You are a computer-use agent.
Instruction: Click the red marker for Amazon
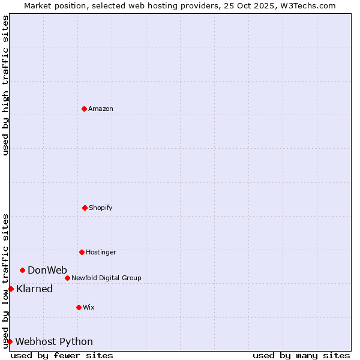coord(84,109)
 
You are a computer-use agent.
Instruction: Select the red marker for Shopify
coord(85,208)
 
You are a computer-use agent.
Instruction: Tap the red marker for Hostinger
coord(82,252)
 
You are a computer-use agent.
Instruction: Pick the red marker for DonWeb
coord(22,270)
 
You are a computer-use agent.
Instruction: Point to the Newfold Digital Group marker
coord(67,278)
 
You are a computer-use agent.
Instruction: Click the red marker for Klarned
coord(11,289)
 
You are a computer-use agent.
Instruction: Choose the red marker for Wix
coord(79,307)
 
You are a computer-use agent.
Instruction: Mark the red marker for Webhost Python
coord(10,341)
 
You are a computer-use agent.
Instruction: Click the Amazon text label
coord(101,109)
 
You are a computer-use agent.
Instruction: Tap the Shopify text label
coord(101,208)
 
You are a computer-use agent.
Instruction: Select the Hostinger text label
coord(101,252)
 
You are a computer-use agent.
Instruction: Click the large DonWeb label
coord(47,270)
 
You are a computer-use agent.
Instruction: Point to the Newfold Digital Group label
coord(106,278)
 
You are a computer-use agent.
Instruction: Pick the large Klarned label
coord(34,289)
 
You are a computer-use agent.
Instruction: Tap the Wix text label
coord(89,307)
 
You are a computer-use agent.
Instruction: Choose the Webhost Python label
coord(54,341)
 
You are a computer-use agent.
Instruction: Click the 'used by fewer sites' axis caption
coord(62,355)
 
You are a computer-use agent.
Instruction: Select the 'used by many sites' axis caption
coord(301,355)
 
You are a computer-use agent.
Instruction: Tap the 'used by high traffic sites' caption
coord(5,85)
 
